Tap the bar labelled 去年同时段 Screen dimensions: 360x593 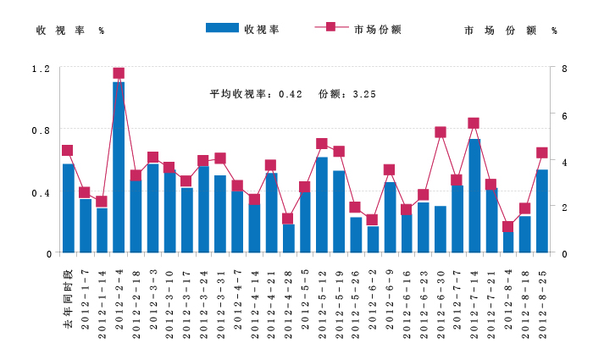68,208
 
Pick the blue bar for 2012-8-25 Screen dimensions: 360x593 542,212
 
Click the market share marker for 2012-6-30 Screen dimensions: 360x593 441,132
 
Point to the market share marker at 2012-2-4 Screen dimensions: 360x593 119,74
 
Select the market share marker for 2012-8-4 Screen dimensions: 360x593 508,226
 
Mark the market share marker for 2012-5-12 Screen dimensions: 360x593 322,144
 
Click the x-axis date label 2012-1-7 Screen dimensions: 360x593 85,300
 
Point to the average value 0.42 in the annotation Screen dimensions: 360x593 291,94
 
